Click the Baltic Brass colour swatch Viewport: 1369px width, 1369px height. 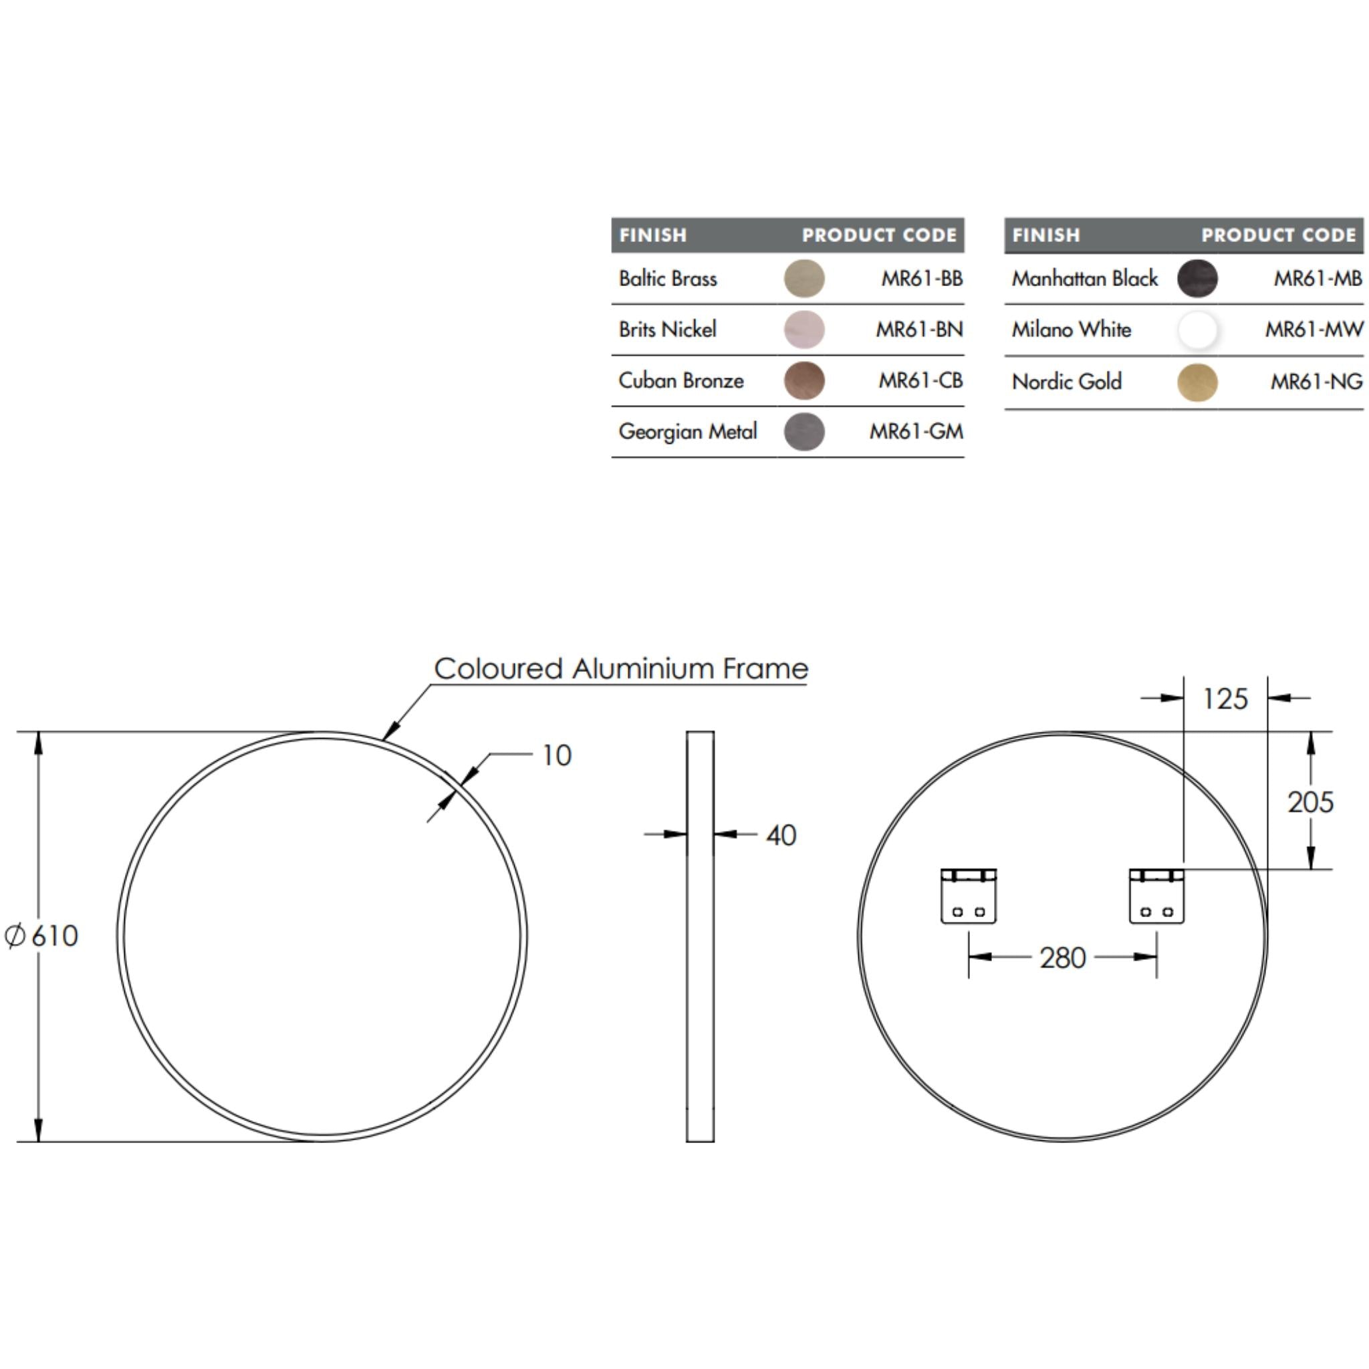click(x=803, y=278)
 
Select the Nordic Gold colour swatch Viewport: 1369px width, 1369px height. click(x=1197, y=382)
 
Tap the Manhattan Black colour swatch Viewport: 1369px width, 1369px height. click(x=1197, y=278)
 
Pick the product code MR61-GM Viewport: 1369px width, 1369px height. click(x=916, y=432)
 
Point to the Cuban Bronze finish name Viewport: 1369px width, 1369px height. click(x=680, y=380)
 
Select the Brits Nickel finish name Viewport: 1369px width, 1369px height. click(x=666, y=330)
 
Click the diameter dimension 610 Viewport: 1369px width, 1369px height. click(x=43, y=936)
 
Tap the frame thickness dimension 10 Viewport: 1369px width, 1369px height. click(x=556, y=755)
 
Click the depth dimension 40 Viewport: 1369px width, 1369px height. click(x=780, y=836)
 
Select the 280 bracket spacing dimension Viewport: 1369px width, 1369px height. click(x=1062, y=958)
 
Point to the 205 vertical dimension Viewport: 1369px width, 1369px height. click(x=1310, y=802)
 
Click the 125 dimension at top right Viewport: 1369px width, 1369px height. click(x=1225, y=699)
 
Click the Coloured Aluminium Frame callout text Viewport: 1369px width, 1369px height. click(x=621, y=668)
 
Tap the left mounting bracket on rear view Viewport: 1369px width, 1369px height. click(x=968, y=896)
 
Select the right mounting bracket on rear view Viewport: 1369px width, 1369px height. click(x=1156, y=896)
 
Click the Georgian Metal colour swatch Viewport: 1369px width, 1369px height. click(x=803, y=432)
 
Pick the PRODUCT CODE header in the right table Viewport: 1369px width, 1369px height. click(x=1277, y=235)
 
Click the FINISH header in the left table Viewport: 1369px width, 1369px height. click(x=652, y=235)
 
